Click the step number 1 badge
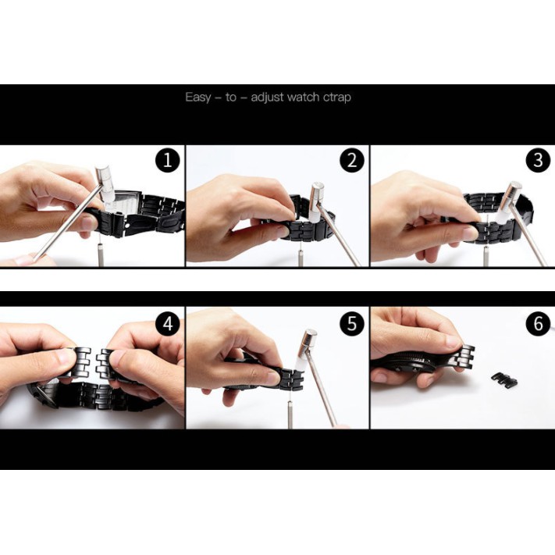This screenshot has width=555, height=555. (167, 160)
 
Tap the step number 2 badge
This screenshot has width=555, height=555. (352, 160)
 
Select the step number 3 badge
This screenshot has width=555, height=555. (538, 160)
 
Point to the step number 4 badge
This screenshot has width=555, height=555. (168, 323)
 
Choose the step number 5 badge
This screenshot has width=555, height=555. (352, 323)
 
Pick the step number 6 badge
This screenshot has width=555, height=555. (538, 323)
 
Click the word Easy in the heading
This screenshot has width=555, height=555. (197, 98)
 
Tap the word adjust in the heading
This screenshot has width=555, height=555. (267, 98)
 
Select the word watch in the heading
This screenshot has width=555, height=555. (304, 97)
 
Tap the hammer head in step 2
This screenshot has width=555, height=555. (316, 201)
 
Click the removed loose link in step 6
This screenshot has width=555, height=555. (504, 379)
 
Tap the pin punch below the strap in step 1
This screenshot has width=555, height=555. (101, 252)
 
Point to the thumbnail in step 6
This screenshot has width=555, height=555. (454, 341)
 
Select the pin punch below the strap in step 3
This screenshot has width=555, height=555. (486, 256)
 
